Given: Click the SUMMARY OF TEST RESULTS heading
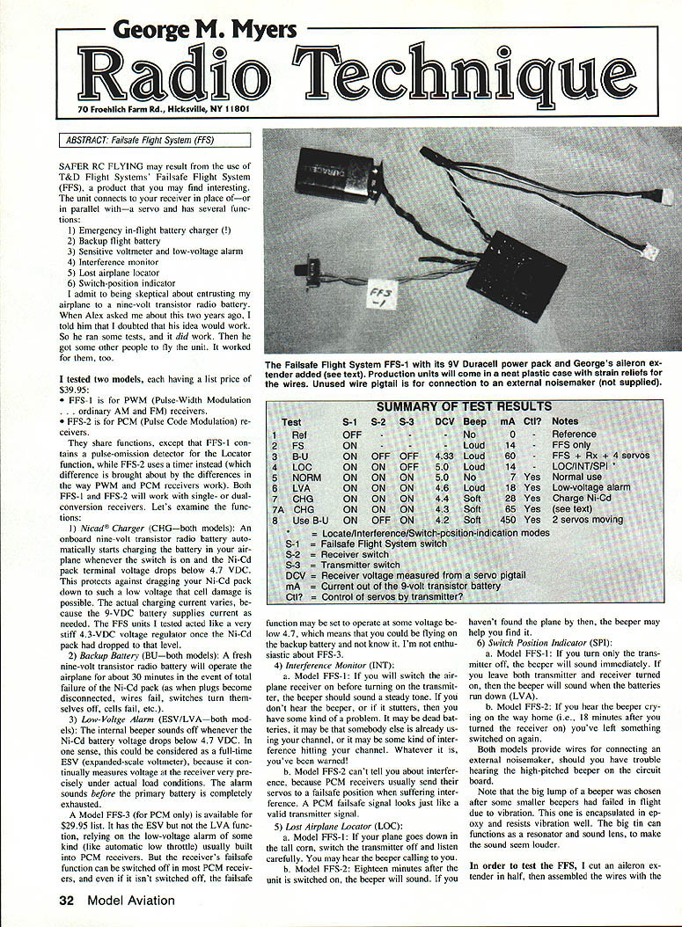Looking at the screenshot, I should (x=464, y=407).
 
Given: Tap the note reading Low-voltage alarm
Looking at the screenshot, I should (x=590, y=487).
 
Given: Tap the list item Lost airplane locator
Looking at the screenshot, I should (x=121, y=273).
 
